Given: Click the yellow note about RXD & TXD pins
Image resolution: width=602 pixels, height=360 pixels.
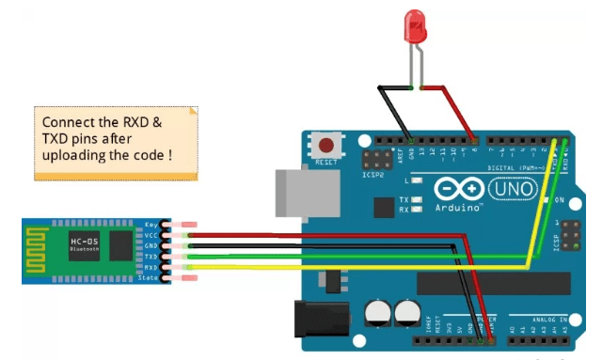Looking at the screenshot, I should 117,142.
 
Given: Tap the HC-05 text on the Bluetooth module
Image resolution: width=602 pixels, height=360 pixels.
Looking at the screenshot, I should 84,242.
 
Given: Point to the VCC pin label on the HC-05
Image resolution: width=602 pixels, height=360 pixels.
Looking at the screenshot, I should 151,236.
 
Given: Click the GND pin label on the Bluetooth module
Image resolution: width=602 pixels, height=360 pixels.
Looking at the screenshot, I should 151,246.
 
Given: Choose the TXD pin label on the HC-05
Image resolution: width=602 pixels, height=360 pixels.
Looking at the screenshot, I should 151,257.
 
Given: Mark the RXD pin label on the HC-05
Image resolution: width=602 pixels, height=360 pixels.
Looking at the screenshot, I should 151,267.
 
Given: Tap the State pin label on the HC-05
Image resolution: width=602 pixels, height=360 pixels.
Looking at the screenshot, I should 150,277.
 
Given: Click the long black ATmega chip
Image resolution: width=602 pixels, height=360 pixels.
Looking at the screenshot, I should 493,283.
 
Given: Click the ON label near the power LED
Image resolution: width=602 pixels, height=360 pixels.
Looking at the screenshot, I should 559,200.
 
